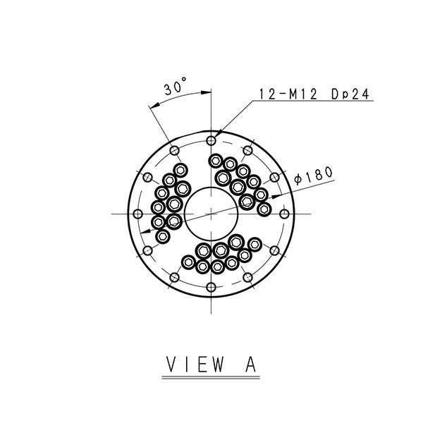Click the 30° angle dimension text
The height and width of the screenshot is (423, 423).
pyautogui.click(x=176, y=86)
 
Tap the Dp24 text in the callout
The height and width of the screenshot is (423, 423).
pyautogui.click(x=350, y=94)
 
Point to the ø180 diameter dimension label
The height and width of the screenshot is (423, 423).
pyautogui.click(x=313, y=176)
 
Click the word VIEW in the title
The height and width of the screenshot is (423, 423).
pyautogui.click(x=195, y=364)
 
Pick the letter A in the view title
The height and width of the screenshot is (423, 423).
pyautogui.click(x=250, y=364)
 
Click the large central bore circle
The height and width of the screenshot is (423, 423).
pyautogui.click(x=211, y=187)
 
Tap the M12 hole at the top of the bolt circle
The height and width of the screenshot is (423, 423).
pyautogui.click(x=211, y=140)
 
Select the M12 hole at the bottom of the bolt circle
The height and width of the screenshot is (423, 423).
pyautogui.click(x=211, y=288)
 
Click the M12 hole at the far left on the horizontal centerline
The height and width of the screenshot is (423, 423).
pyautogui.click(x=138, y=214)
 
